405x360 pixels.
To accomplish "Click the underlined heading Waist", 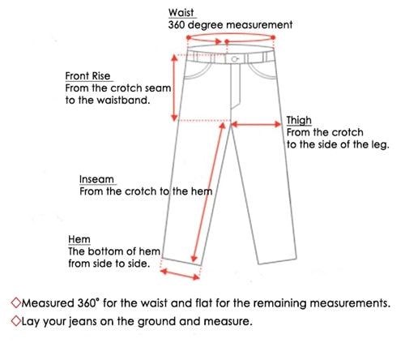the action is coord(181,12).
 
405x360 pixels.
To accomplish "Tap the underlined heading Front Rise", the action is coord(87,76).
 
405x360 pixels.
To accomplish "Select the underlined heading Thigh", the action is coord(299,121).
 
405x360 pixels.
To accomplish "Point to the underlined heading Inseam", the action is coord(96,179).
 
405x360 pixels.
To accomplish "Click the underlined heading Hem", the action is coord(79,239).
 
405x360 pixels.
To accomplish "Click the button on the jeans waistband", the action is coord(235,59).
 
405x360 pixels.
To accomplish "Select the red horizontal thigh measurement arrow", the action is coord(256,124).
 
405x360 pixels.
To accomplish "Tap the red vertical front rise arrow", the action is coord(175,88).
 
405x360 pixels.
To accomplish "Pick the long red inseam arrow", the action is coord(208,192).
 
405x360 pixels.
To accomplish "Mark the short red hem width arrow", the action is coord(180,274).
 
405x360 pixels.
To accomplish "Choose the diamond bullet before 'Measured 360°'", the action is coord(16,302).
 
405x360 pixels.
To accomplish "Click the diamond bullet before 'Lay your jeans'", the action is coord(16,321).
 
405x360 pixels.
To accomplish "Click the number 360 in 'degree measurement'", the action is coord(177,25).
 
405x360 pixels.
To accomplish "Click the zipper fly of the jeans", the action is coord(235,86).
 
